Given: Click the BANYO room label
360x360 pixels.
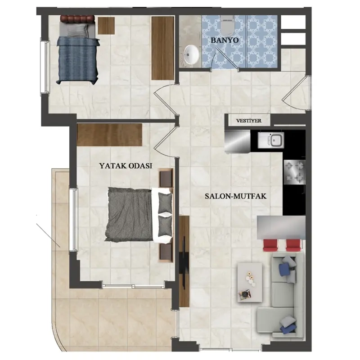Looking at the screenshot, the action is tap(225, 40).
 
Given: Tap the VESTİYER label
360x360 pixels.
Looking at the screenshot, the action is tap(249, 121).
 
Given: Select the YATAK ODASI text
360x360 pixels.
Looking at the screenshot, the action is tap(126, 166).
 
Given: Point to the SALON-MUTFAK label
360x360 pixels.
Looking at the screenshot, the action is tap(235, 196).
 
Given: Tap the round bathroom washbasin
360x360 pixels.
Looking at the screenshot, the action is tap(191, 54).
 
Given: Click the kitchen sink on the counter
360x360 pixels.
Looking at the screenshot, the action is tap(271, 140).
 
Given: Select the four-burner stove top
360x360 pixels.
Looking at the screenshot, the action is tap(295, 172).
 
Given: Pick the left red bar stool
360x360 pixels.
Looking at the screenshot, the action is tap(270, 245).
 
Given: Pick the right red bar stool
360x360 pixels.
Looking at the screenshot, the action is tap(293, 245).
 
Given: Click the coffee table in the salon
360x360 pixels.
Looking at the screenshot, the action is tap(250, 282).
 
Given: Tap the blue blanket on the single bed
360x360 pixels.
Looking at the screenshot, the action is tap(78, 61).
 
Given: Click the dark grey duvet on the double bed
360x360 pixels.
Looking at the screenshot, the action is tap(129, 214).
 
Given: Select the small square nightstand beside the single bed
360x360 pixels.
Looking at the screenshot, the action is tap(106, 26).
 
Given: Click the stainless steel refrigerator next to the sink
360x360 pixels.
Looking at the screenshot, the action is tap(238, 141).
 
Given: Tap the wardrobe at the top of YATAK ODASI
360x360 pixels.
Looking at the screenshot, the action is tap(110, 135).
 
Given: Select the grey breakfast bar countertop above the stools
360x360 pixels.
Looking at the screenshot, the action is tap(281, 227).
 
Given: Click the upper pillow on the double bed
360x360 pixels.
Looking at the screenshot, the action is tap(165, 202).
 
